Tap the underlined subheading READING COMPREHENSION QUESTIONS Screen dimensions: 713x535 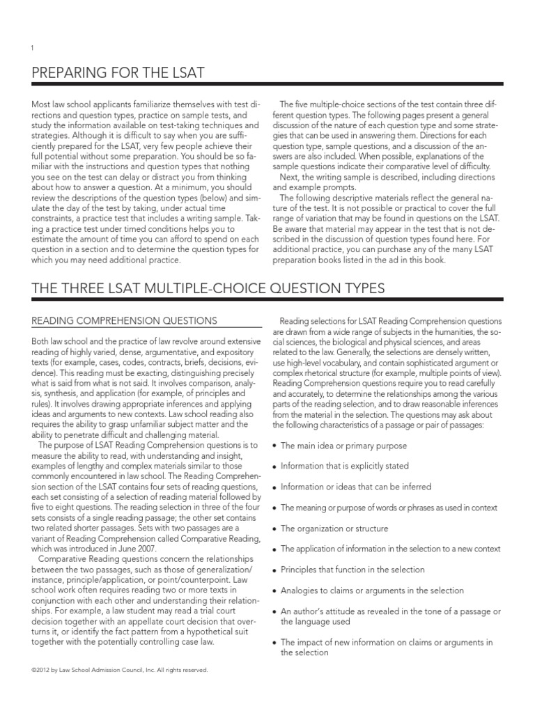125,320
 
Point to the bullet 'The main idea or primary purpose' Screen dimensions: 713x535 343,446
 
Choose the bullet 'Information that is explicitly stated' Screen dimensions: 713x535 344,466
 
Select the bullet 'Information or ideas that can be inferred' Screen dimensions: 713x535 355,487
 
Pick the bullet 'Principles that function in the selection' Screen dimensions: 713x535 352,570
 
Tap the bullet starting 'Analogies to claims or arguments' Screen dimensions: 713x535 371,590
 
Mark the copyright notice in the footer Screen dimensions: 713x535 120,670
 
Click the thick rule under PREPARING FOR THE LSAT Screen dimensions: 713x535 267,85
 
